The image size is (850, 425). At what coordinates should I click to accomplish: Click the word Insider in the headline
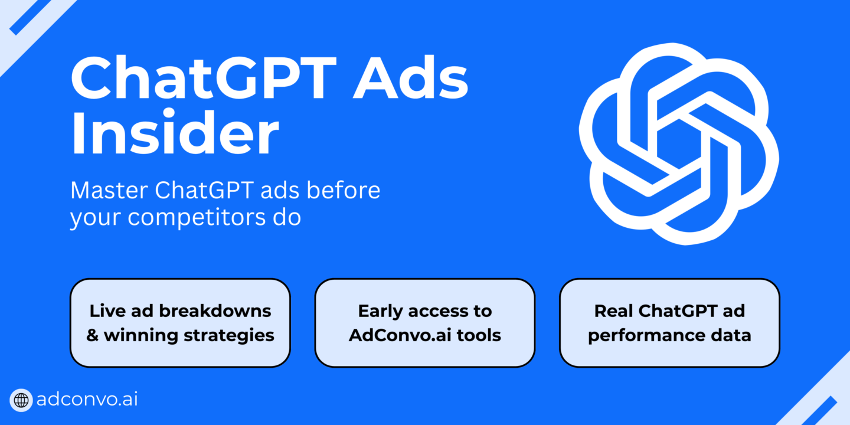175,132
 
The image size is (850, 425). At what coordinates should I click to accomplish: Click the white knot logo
679,144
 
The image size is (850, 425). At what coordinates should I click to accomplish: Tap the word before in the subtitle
344,189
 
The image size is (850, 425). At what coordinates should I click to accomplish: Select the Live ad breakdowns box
180,323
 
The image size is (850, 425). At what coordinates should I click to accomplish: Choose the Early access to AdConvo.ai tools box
425,323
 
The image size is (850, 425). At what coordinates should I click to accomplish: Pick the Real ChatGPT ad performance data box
670,323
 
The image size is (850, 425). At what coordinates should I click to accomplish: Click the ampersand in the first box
93,335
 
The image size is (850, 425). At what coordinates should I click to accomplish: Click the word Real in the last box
614,311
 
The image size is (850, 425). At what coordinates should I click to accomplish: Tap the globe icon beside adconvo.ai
21,400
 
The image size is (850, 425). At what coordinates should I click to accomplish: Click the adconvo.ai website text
87,400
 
